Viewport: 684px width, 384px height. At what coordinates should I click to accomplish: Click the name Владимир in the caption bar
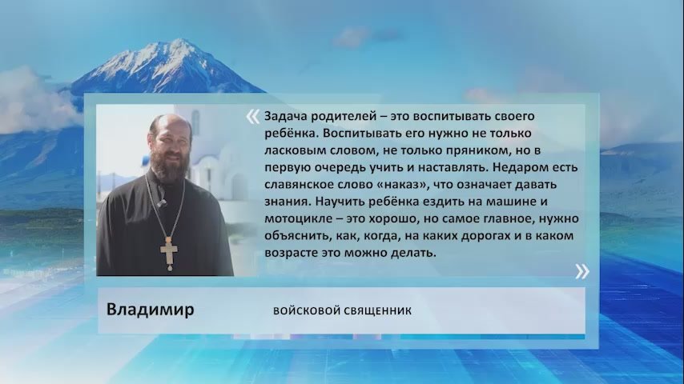coord(150,309)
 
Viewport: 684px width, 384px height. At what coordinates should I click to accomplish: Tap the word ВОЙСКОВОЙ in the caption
coord(307,310)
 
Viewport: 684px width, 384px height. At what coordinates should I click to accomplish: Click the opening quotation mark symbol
coord(252,117)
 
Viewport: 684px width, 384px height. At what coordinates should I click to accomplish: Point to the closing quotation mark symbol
coord(582,271)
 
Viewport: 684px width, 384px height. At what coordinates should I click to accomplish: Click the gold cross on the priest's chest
coord(169,254)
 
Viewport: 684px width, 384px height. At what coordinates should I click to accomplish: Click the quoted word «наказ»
coord(403,184)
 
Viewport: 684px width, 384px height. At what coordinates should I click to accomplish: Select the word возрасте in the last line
coord(292,254)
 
